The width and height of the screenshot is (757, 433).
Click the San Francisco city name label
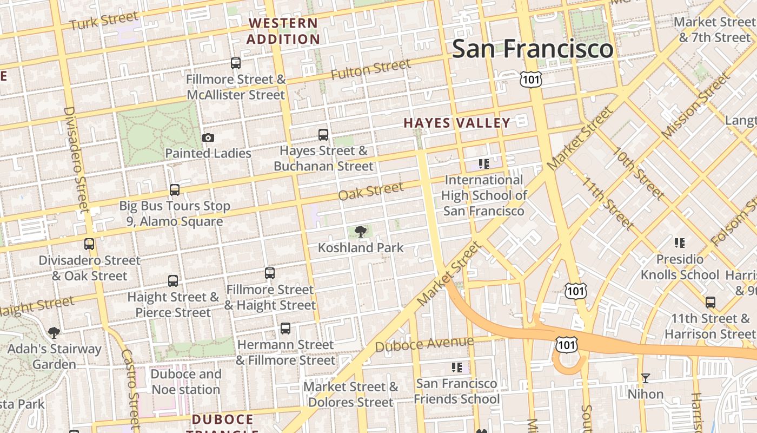533,49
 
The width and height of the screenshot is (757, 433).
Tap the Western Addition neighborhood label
283,31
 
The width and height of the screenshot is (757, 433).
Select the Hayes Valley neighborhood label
457,123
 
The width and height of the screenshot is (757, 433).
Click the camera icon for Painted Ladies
208,138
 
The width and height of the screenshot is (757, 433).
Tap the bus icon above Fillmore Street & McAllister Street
236,63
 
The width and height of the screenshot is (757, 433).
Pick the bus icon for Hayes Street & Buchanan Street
323,135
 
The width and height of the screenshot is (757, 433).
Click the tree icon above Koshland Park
360,232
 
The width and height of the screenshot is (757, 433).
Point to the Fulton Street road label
370,69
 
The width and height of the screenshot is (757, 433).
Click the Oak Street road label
370,191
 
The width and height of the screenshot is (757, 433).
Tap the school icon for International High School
483,163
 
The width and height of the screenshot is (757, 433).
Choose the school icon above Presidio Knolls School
680,243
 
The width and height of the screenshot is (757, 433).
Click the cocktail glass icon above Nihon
646,378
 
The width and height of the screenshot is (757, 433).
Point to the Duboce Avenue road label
424,344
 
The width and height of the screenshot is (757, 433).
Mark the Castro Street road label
131,387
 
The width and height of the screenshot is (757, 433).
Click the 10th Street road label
638,172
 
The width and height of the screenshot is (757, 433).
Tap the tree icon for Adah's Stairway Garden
54,332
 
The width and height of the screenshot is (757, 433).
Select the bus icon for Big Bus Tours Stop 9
174,190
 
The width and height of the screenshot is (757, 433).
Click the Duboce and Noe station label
185,382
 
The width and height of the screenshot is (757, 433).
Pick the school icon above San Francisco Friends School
457,368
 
